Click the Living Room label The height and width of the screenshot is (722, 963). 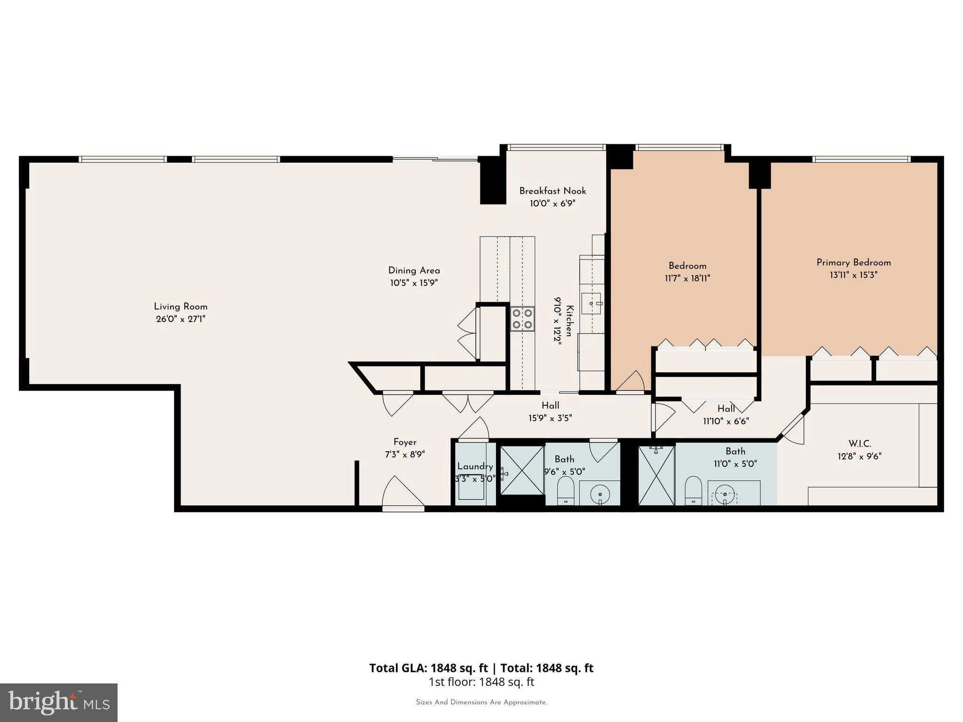click(181, 306)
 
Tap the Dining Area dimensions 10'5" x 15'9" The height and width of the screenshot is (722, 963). click(414, 283)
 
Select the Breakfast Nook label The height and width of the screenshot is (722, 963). click(553, 191)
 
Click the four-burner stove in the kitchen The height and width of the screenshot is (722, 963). click(522, 319)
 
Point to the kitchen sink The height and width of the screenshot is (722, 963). click(591, 304)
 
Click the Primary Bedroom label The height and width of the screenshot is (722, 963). click(853, 262)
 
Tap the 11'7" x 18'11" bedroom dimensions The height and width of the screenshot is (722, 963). click(687, 278)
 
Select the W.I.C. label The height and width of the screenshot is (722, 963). click(860, 444)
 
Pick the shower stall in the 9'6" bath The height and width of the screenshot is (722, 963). click(522, 470)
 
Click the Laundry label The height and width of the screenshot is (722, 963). click(475, 466)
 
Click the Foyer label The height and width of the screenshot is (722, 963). click(405, 442)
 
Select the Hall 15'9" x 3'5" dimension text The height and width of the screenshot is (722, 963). click(550, 418)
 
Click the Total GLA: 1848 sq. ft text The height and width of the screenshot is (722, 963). click(428, 668)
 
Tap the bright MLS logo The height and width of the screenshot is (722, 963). click(59, 702)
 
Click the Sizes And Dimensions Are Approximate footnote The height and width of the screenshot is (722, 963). click(481, 702)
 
